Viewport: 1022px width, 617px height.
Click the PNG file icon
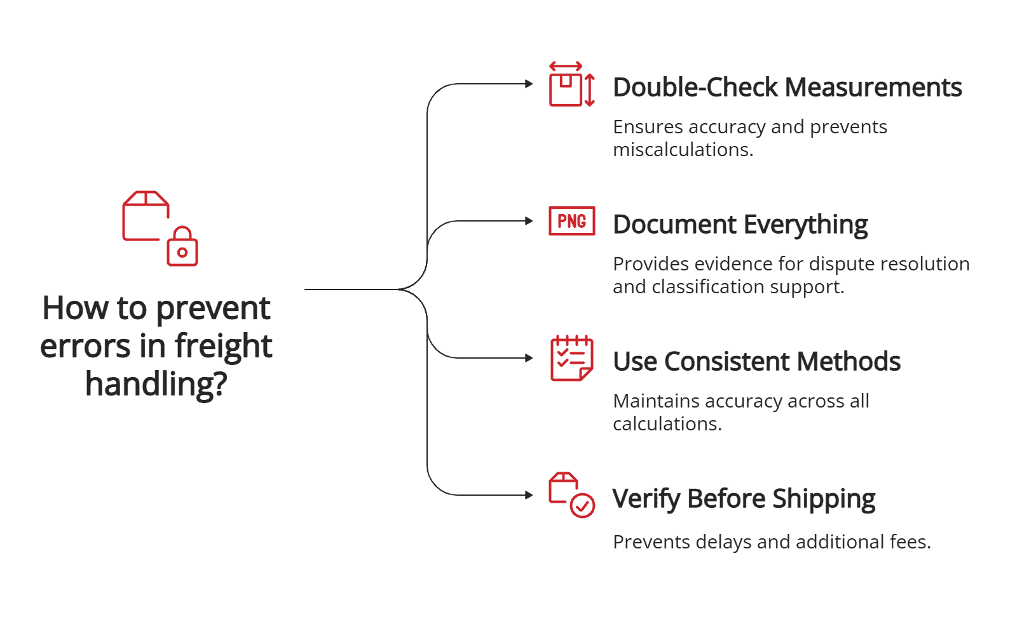click(571, 221)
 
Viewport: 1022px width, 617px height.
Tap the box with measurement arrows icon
click(566, 88)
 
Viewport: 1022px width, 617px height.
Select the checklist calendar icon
click(571, 358)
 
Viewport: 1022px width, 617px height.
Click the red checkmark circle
click(582, 506)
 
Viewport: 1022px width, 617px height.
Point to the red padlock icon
click(182, 247)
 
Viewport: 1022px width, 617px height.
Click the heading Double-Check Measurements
click(787, 88)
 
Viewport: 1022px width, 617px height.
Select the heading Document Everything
click(740, 225)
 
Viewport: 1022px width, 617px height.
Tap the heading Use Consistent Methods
click(756, 362)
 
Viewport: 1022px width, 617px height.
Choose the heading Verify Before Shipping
click(744, 499)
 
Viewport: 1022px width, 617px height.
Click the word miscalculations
click(683, 150)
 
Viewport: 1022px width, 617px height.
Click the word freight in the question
click(223, 347)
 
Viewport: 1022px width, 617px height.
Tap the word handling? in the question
click(156, 384)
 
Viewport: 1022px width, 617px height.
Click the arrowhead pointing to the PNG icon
click(529, 221)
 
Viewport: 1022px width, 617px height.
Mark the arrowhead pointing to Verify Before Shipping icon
click(529, 495)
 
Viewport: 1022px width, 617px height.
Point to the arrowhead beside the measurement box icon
click(529, 84)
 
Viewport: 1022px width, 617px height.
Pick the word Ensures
click(648, 127)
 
